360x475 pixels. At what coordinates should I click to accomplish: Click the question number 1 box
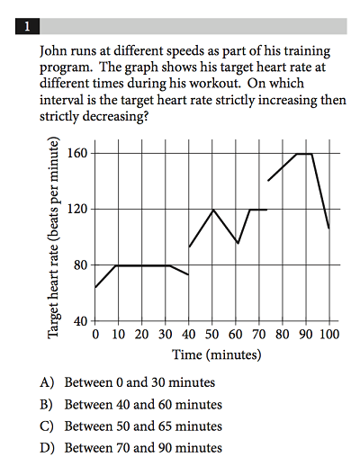point(27,26)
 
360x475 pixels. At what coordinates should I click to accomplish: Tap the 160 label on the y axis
point(77,153)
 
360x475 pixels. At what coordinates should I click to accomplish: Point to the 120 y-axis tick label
point(77,209)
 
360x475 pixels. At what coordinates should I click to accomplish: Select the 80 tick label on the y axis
point(81,265)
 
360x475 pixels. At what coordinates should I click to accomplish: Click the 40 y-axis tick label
point(81,321)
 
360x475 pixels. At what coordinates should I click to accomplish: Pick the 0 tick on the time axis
point(95,335)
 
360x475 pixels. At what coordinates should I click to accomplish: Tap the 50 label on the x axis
point(211,335)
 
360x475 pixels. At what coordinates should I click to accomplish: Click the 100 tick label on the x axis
point(329,335)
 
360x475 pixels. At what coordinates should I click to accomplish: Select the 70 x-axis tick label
point(259,335)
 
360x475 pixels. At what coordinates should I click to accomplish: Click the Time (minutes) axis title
point(217,354)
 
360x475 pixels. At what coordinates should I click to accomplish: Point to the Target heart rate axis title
point(53,237)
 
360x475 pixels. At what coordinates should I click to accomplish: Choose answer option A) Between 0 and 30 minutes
point(127,382)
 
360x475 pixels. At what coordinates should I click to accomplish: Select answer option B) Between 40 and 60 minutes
point(130,405)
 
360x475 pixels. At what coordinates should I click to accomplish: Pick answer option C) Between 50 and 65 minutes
point(130,426)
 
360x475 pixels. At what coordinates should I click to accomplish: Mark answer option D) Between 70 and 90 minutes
point(130,448)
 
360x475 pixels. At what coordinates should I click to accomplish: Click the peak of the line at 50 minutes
point(213,210)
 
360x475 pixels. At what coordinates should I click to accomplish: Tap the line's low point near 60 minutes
point(238,243)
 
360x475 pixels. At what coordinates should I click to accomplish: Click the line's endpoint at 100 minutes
point(329,229)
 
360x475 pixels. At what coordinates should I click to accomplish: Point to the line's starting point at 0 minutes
point(95,287)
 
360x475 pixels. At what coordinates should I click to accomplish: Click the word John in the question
point(53,51)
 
